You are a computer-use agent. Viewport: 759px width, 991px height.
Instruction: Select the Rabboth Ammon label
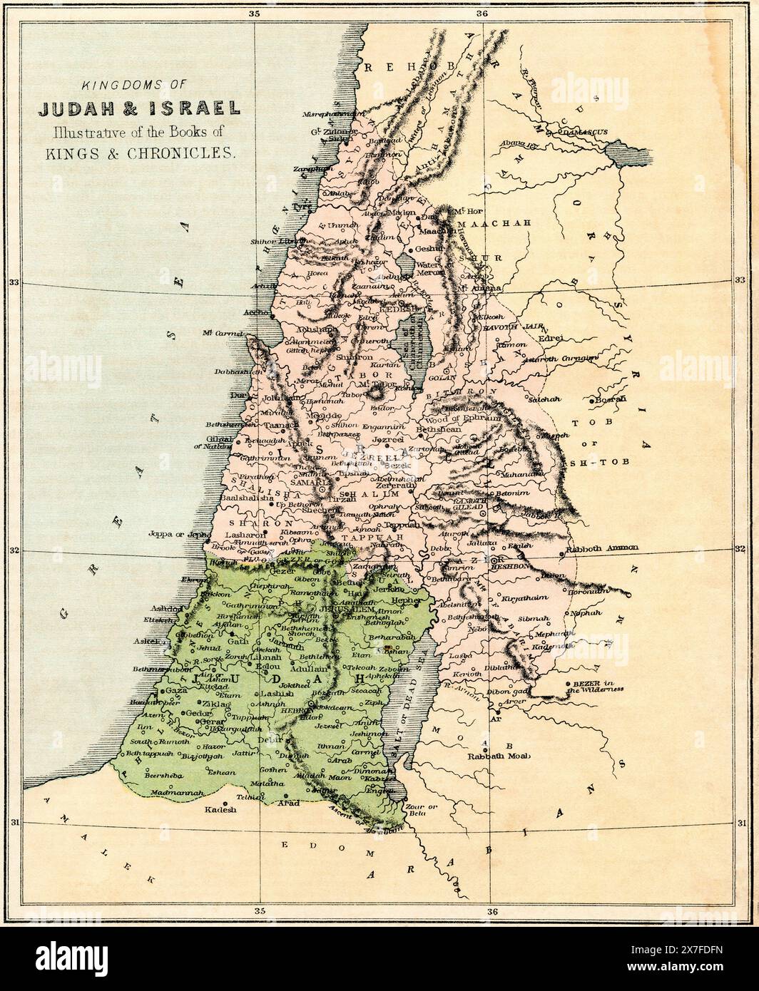tap(601, 548)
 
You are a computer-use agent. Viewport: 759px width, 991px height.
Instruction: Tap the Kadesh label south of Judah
tap(220, 809)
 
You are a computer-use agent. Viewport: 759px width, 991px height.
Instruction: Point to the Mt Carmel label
tap(223, 334)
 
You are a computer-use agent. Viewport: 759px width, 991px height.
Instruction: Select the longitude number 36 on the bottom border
tap(491, 911)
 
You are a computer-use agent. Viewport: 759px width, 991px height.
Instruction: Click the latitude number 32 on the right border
tap(739, 549)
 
